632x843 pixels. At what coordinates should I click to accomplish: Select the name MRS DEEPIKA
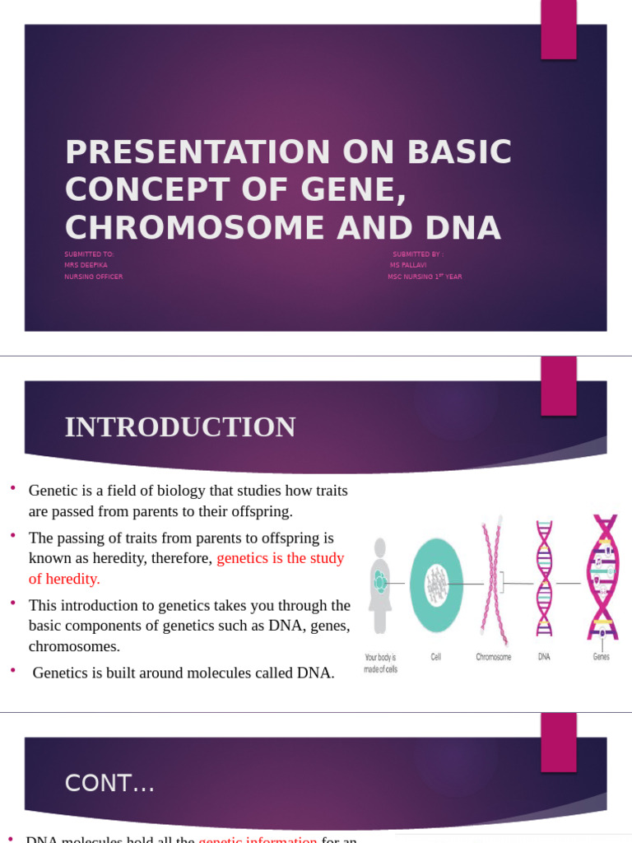point(86,265)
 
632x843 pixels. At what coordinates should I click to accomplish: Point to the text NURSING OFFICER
point(93,277)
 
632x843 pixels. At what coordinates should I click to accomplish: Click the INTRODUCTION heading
point(180,427)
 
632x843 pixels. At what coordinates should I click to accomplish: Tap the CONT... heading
point(109,784)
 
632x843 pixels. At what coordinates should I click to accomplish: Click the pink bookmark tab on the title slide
point(558,30)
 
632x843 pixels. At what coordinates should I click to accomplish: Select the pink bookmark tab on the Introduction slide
point(558,386)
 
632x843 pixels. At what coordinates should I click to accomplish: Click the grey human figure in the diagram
point(379,585)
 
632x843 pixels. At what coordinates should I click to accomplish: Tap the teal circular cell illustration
point(436,585)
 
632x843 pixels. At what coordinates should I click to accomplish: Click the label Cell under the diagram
point(435,657)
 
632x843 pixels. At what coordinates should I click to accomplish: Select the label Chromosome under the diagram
point(493,657)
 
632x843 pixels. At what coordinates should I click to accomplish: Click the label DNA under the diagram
point(544,657)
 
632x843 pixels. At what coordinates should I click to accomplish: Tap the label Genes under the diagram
point(601,657)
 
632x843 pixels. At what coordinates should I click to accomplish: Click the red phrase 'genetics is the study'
point(280,558)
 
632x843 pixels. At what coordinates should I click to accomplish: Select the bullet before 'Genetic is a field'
point(13,490)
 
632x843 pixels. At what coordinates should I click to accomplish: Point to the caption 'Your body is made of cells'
point(380,663)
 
